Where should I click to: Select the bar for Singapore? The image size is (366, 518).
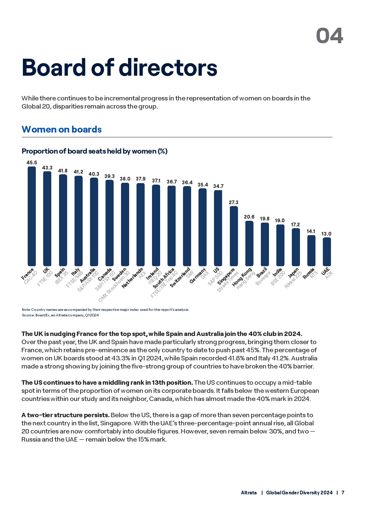(x=234, y=236)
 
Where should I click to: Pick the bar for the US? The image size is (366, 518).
(x=218, y=228)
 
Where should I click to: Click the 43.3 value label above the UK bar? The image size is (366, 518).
(x=47, y=168)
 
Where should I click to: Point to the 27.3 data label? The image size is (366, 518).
(x=234, y=202)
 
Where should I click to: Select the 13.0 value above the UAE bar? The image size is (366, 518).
(x=326, y=234)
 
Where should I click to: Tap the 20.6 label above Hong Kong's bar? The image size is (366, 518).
(x=249, y=217)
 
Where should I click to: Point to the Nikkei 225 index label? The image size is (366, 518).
(x=293, y=280)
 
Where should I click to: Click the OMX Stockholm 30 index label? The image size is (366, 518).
(x=114, y=287)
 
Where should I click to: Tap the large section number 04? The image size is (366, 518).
(x=329, y=36)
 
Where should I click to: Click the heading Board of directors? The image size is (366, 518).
(x=120, y=68)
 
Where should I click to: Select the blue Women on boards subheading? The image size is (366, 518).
(x=62, y=130)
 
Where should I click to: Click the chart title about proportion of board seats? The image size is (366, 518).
(x=94, y=151)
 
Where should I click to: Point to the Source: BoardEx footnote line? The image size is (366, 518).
(x=60, y=315)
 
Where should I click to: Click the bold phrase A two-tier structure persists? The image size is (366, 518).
(x=65, y=415)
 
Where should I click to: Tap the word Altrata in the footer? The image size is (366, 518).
(x=249, y=493)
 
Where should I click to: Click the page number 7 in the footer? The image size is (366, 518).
(x=343, y=493)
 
